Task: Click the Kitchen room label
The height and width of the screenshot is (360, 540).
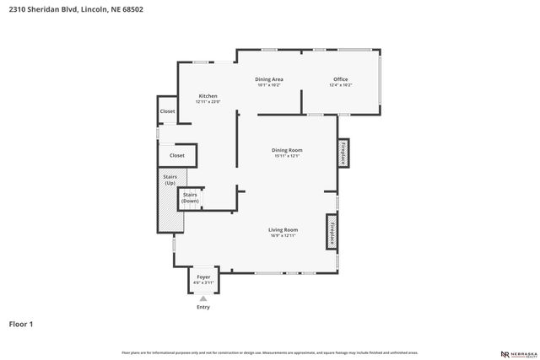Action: [x=208, y=96]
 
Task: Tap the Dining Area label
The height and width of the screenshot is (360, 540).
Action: [x=269, y=79]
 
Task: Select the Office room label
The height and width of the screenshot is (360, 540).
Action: [x=340, y=79]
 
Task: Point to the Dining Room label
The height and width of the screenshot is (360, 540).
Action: [x=287, y=150]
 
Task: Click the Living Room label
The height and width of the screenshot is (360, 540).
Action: [x=283, y=229]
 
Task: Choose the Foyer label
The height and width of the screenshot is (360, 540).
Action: [x=203, y=277]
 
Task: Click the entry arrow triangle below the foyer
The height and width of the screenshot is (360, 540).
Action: [x=202, y=298]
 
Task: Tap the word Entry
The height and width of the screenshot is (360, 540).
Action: [x=203, y=307]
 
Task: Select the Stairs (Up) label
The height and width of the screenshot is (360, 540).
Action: [x=170, y=180]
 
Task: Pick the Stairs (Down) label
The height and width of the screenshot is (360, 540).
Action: [x=190, y=197]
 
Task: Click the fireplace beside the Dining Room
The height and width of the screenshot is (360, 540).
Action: [x=344, y=152]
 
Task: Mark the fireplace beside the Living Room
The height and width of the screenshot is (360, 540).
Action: [x=332, y=231]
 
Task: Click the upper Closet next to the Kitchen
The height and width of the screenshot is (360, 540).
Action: [x=167, y=111]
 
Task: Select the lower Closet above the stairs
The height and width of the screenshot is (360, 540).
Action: [x=177, y=155]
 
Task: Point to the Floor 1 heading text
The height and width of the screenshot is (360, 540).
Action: [x=21, y=323]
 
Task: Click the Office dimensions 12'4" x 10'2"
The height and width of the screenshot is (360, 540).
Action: [x=340, y=85]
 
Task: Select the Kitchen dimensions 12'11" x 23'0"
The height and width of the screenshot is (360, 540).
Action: [x=208, y=102]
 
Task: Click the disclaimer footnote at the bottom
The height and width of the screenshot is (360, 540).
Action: [x=269, y=352]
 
